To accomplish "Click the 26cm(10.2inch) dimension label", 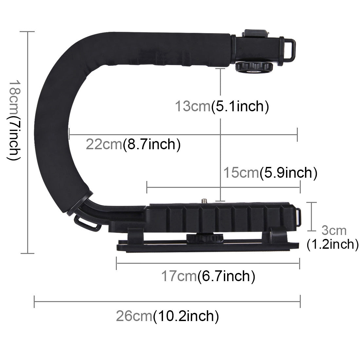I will pos(167,316).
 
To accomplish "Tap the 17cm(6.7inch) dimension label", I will pos(208,276).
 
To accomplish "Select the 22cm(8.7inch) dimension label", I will pos(133,144).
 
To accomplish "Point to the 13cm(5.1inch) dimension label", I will pos(222,106).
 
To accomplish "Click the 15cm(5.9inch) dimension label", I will pos(270,172).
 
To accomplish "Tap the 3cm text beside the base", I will pos(333,230).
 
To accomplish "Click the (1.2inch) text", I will pos(333,244).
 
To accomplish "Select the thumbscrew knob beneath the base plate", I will pos(200,237).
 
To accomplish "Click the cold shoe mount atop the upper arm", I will pos(255,34).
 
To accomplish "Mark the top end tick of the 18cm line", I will pos(27,32).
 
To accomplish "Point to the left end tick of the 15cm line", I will pos(147,188).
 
